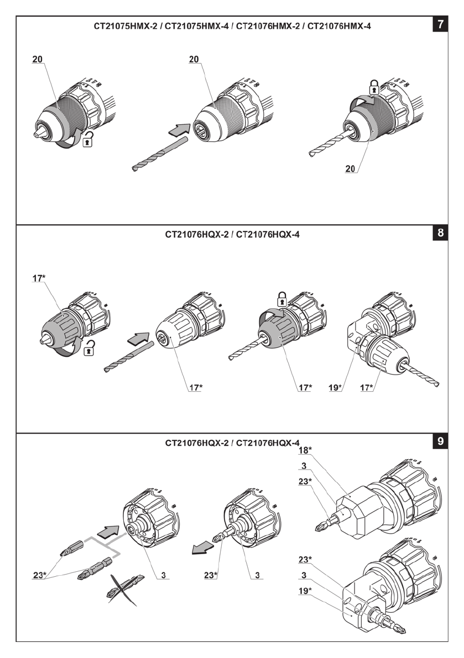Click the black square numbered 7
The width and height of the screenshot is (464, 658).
pos(440,24)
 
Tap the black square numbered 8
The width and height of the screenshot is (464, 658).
pos(440,233)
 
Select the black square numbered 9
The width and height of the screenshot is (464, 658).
pos(440,441)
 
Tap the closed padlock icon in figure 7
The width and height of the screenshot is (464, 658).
pos(374,87)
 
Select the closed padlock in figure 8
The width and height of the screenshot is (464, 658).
pos(281,298)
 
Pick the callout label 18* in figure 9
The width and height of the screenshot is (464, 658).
pos(305,450)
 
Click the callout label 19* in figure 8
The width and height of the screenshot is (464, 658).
pos(335,388)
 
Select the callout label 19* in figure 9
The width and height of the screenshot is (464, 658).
pos(305,591)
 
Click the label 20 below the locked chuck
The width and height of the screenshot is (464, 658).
pos(350,169)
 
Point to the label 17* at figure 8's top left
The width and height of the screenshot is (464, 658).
pos(39,278)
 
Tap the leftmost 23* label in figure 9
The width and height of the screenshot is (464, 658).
pos(39,575)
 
